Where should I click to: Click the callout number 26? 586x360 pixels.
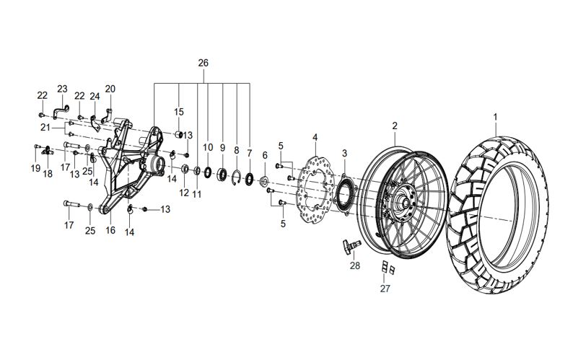203,63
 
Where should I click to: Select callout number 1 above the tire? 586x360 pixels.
495,116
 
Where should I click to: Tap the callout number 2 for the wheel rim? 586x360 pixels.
395,126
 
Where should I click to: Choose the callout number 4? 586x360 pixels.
315,136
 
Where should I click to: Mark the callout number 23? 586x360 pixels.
62,89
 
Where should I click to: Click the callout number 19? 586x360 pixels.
35,168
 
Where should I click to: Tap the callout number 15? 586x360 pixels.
178,112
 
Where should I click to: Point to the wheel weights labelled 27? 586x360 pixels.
388,268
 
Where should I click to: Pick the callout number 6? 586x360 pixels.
264,155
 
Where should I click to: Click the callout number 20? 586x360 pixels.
110,89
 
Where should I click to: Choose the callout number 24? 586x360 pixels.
95,97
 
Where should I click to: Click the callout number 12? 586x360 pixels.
183,193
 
